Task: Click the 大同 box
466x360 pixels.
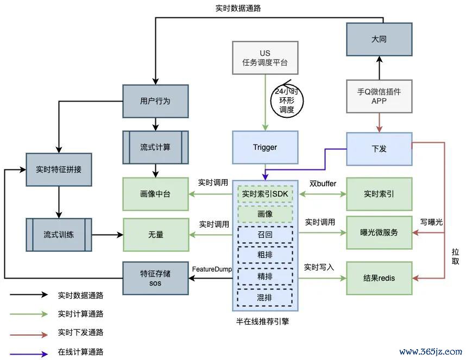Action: coord(379,39)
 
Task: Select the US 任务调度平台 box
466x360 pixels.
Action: coord(265,58)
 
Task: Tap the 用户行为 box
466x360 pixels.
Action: coord(155,101)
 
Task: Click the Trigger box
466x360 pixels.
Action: coord(265,147)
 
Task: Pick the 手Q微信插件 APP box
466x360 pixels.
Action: coord(379,96)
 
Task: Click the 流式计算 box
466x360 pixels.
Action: coord(155,147)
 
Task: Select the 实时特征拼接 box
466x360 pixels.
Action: coord(59,169)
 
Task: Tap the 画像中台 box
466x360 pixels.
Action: coord(155,194)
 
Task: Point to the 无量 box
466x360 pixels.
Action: coord(155,235)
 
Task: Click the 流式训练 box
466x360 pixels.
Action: coord(59,235)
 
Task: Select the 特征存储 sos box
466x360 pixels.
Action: coord(155,277)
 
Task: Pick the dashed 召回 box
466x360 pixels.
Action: coord(265,235)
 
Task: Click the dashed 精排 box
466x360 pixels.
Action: coord(265,277)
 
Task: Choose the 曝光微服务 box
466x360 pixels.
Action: coord(379,232)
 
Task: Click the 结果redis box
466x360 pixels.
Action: coord(379,278)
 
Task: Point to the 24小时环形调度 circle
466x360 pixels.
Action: coord(287,100)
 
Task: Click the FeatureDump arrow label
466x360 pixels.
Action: coord(212,269)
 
